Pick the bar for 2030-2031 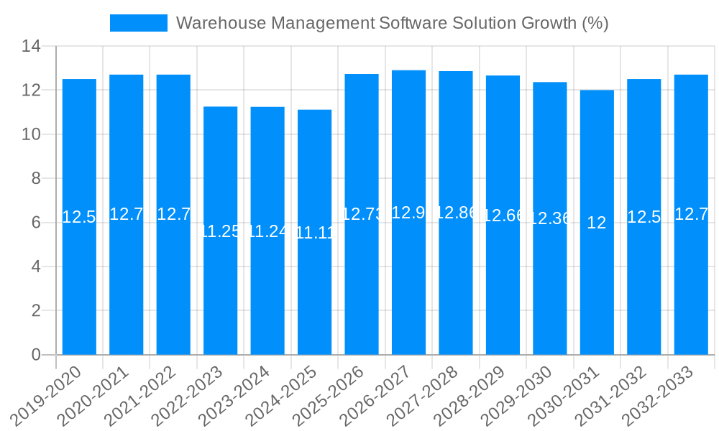pyautogui.click(x=597, y=287)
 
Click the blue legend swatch pyautogui.click(x=138, y=23)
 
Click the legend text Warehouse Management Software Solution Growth pyautogui.click(x=392, y=23)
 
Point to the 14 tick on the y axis pyautogui.click(x=32, y=47)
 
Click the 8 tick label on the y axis pyautogui.click(x=36, y=179)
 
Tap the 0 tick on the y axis pyautogui.click(x=36, y=355)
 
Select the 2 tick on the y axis pyautogui.click(x=36, y=311)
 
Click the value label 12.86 pyautogui.click(x=456, y=213)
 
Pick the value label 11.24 pyautogui.click(x=267, y=231)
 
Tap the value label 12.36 pyautogui.click(x=550, y=219)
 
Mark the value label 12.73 pyautogui.click(x=362, y=214)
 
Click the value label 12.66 pyautogui.click(x=503, y=215)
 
